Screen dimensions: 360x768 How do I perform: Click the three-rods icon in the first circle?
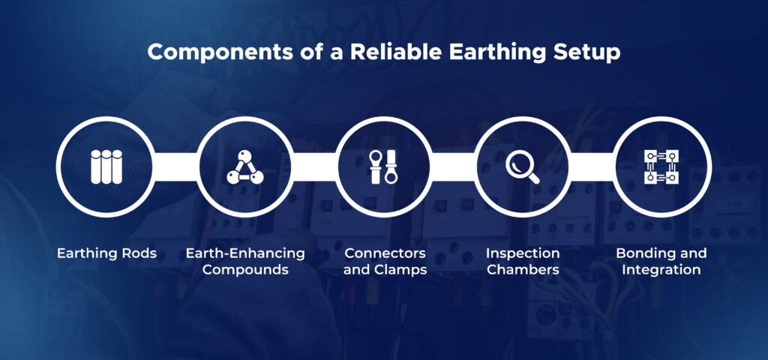pyautogui.click(x=106, y=166)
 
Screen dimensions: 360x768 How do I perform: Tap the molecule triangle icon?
pyautogui.click(x=244, y=167)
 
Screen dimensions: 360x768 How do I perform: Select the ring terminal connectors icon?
pyautogui.click(x=383, y=166)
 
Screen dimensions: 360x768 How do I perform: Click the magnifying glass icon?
pyautogui.click(x=522, y=166)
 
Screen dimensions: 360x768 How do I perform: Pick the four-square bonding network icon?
pyautogui.click(x=662, y=166)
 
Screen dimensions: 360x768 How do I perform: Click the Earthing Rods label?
pyautogui.click(x=106, y=253)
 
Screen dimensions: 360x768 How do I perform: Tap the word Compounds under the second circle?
pyautogui.click(x=245, y=270)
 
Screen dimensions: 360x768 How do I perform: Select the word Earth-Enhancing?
pyautogui.click(x=245, y=253)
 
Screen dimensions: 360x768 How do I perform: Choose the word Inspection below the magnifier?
pyautogui.click(x=523, y=253)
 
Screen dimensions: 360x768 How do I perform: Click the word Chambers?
pyautogui.click(x=523, y=270)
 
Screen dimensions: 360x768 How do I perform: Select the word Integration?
pyautogui.click(x=662, y=270)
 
